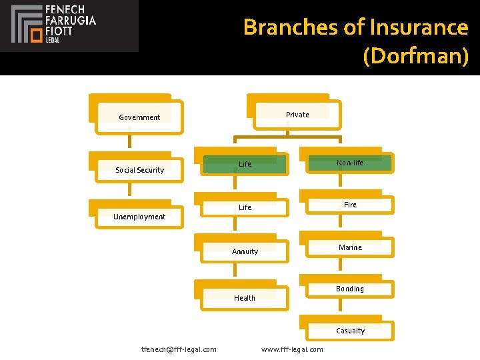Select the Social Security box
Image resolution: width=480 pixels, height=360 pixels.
(x=139, y=169)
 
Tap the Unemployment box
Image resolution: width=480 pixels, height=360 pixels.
(x=139, y=216)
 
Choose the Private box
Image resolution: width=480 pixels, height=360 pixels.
(x=297, y=115)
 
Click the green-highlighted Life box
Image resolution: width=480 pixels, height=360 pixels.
(x=245, y=163)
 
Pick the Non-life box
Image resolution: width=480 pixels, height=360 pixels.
(x=350, y=163)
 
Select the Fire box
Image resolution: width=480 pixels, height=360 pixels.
(x=350, y=205)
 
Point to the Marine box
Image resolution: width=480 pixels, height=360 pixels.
(x=350, y=247)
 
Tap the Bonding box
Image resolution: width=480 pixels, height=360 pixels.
(x=350, y=289)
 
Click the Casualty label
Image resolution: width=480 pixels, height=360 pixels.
(x=350, y=331)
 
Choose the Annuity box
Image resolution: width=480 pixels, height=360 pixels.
(x=245, y=251)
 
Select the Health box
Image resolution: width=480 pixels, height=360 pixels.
(x=245, y=298)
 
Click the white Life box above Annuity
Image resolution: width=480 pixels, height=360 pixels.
(x=245, y=207)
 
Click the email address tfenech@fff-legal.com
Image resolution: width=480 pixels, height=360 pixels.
(x=179, y=349)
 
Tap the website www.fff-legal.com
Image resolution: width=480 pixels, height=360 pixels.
(x=292, y=349)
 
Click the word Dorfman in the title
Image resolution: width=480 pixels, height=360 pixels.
(x=416, y=56)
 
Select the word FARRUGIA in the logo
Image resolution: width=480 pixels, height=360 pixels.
(x=70, y=21)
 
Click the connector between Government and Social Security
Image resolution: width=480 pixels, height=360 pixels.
(x=130, y=141)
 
